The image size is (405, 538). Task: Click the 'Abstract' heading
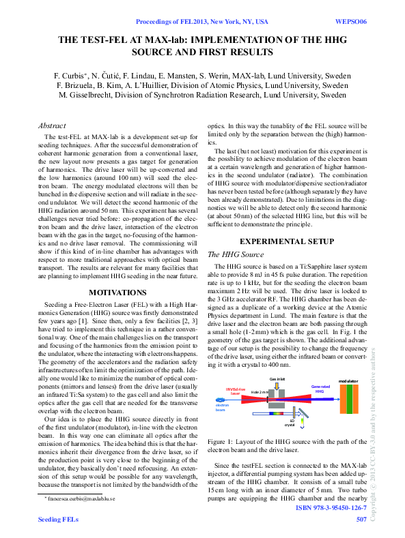pos(51,125)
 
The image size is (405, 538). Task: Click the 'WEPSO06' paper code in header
pos(352,22)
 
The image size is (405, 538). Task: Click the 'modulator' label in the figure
pos(348,381)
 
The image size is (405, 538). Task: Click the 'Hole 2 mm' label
pos(260,393)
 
